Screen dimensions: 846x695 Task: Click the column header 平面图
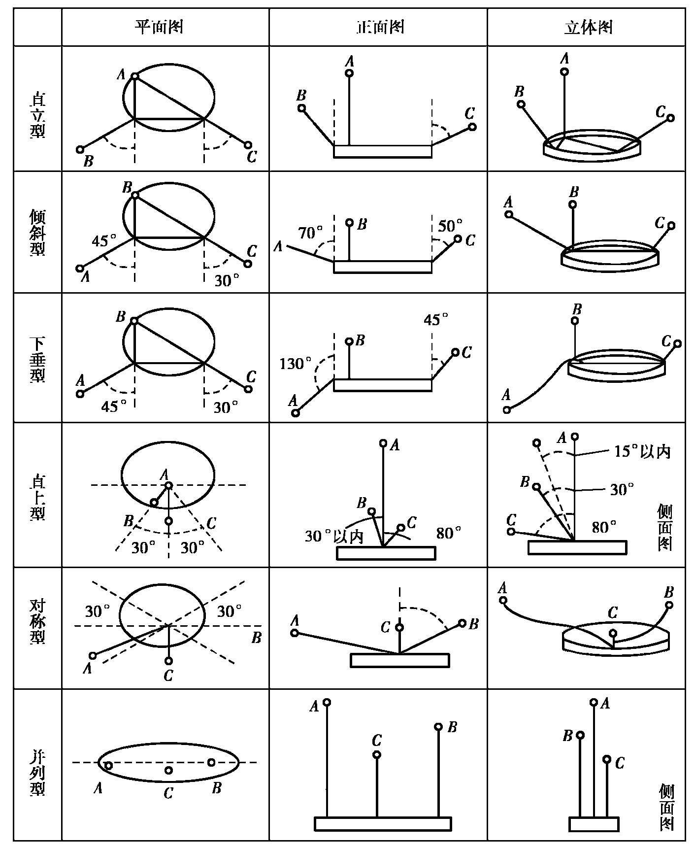(159, 27)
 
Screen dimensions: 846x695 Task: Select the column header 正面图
(379, 27)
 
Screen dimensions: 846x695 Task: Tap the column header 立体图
(588, 27)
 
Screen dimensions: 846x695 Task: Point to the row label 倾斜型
(37, 232)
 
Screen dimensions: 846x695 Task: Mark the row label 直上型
(37, 495)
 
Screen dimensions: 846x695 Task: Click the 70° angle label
(310, 232)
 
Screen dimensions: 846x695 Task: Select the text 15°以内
(642, 451)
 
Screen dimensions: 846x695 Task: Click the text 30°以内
(334, 536)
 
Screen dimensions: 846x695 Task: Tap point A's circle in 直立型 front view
(349, 73)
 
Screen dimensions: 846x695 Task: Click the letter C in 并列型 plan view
(168, 793)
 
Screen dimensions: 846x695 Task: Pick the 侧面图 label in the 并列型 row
(665, 808)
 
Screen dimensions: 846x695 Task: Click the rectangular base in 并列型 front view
(383, 823)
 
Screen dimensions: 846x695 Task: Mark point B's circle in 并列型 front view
(438, 727)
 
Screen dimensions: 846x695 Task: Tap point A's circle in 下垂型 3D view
(507, 409)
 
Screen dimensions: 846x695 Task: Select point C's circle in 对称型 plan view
(169, 661)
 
